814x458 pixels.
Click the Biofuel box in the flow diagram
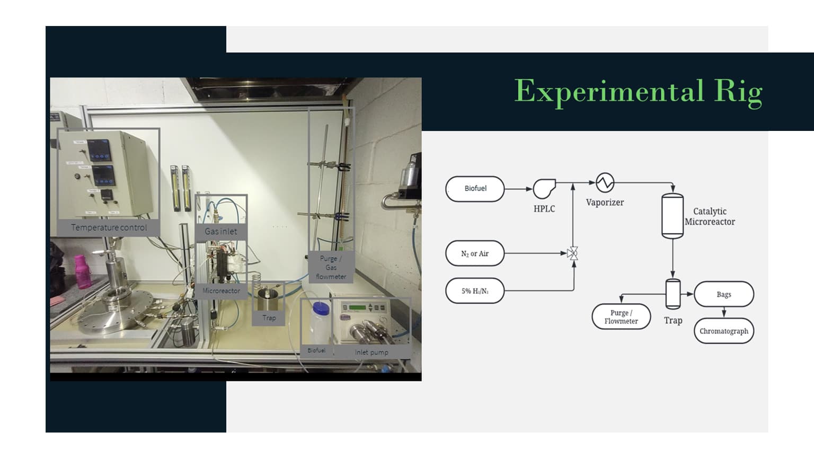(x=475, y=189)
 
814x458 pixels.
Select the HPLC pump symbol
(x=544, y=188)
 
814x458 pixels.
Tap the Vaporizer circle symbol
(x=605, y=182)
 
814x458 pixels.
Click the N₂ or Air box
(x=475, y=253)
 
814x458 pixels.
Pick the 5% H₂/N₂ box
(x=475, y=290)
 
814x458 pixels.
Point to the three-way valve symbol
(x=572, y=253)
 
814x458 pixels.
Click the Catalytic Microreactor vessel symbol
(x=672, y=216)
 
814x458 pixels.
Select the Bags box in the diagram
(x=723, y=294)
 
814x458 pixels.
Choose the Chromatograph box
(x=723, y=331)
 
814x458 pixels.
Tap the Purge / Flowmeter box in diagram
(x=621, y=316)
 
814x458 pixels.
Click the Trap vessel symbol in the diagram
(x=673, y=294)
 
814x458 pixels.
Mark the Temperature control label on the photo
(x=109, y=227)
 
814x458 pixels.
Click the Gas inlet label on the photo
(x=220, y=232)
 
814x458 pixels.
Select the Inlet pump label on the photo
(x=371, y=352)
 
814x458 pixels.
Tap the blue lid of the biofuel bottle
(x=321, y=307)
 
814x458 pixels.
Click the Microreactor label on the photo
(x=221, y=291)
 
